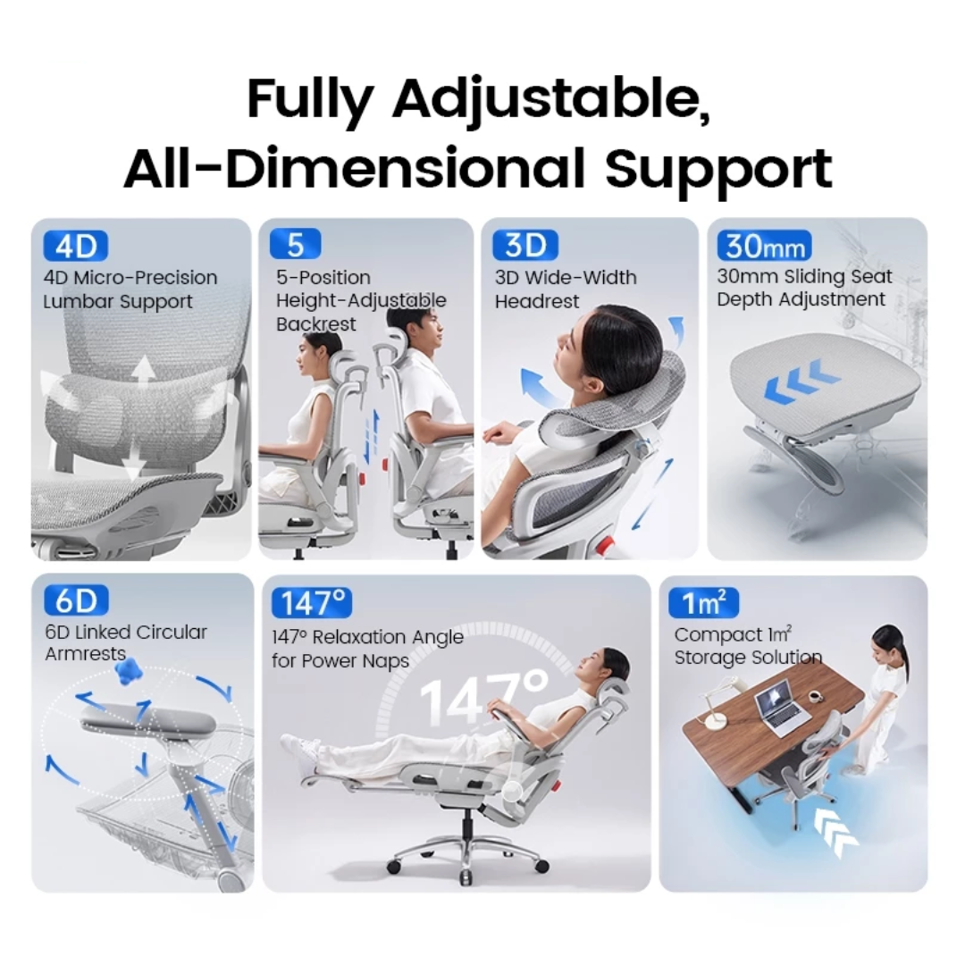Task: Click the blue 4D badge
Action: point(75,246)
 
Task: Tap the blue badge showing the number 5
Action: point(295,244)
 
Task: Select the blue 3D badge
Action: point(525,245)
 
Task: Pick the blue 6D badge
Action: point(75,600)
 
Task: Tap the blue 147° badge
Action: point(312,604)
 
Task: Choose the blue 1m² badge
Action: point(703,603)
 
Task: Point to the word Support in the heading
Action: point(719,168)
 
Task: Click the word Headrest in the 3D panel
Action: point(537,302)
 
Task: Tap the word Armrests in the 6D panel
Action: point(86,654)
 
